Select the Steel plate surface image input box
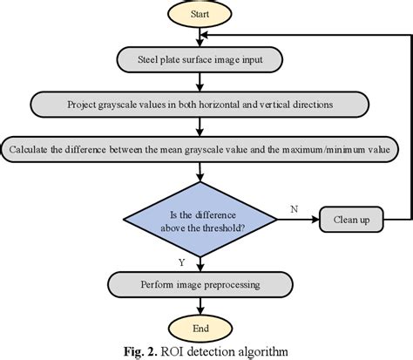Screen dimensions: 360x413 tap(200, 59)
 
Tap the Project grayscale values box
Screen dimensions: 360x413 tap(200, 105)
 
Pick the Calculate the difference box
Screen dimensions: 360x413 tap(200, 149)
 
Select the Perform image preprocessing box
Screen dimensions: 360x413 tap(200, 284)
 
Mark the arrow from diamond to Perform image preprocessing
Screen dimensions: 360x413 tap(200, 263)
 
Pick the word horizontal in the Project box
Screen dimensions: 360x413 tap(232, 105)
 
